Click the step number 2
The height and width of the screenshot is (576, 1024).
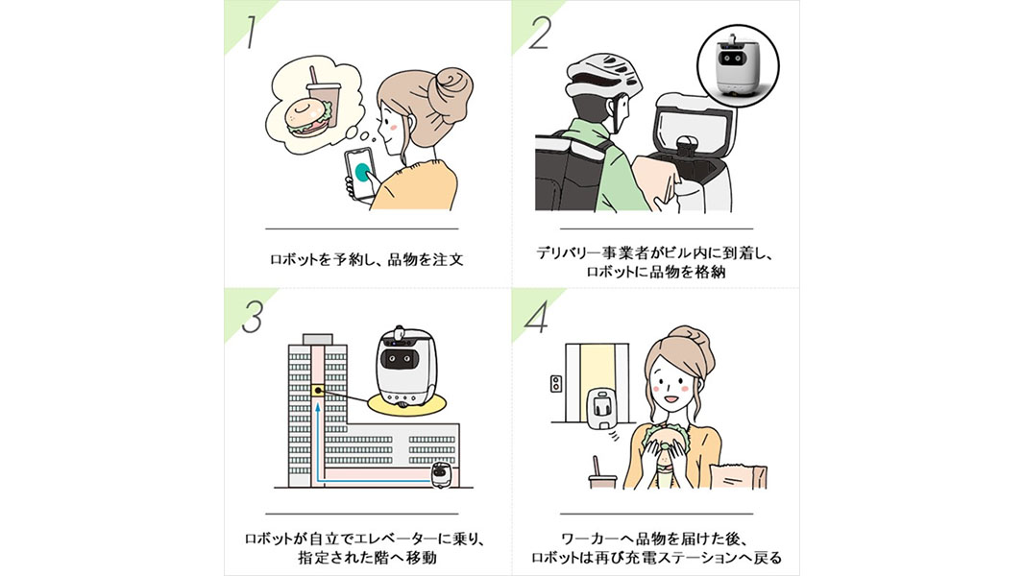pos(540,34)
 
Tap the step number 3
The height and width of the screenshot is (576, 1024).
pos(252,318)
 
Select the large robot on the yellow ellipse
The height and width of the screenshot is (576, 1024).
pos(404,369)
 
